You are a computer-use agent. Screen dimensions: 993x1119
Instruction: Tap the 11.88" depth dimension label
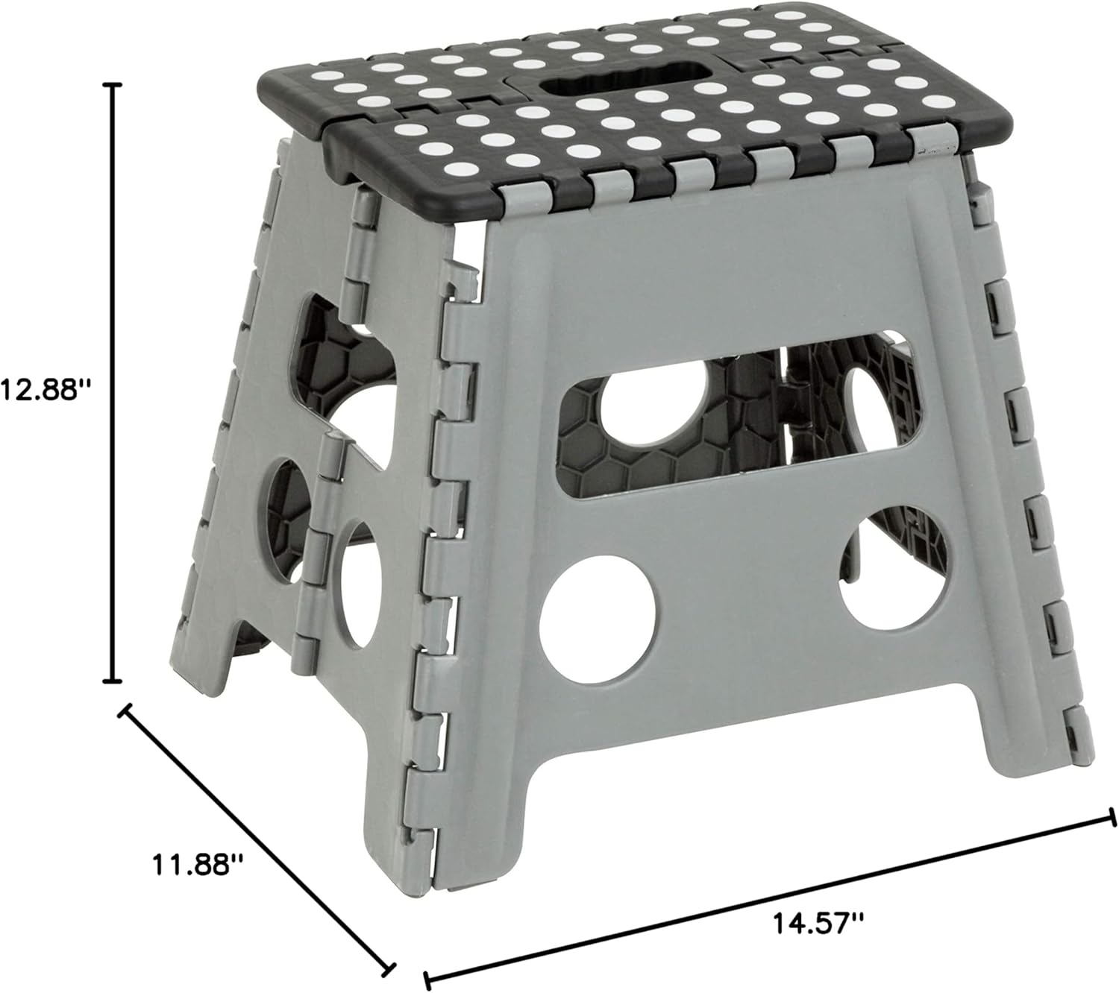[x=198, y=866]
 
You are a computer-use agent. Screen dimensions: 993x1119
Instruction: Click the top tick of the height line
[x=113, y=86]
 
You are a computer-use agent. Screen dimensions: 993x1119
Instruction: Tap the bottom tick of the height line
[x=113, y=680]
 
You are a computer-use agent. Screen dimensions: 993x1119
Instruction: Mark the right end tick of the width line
[x=1112, y=820]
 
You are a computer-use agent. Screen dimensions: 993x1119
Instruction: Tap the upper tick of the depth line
[x=125, y=710]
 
